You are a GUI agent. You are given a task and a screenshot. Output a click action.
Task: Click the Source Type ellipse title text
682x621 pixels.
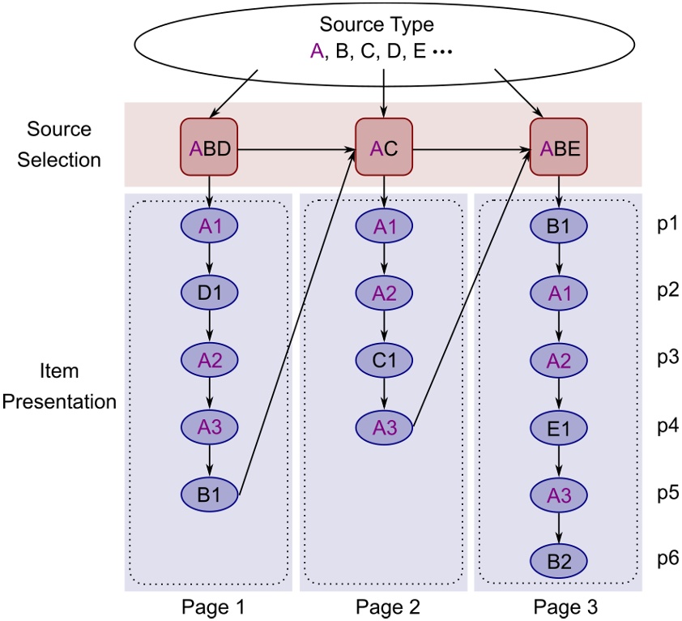click(x=377, y=25)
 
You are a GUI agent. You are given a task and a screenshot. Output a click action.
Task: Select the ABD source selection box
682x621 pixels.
click(x=210, y=148)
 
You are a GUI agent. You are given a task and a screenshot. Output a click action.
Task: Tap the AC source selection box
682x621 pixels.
click(x=384, y=148)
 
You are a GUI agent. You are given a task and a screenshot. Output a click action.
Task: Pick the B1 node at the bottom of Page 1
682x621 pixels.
click(x=210, y=493)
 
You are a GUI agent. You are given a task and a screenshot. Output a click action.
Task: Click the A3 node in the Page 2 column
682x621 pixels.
click(x=384, y=426)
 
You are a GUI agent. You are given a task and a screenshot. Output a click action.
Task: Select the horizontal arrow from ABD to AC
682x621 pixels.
click(x=296, y=149)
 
